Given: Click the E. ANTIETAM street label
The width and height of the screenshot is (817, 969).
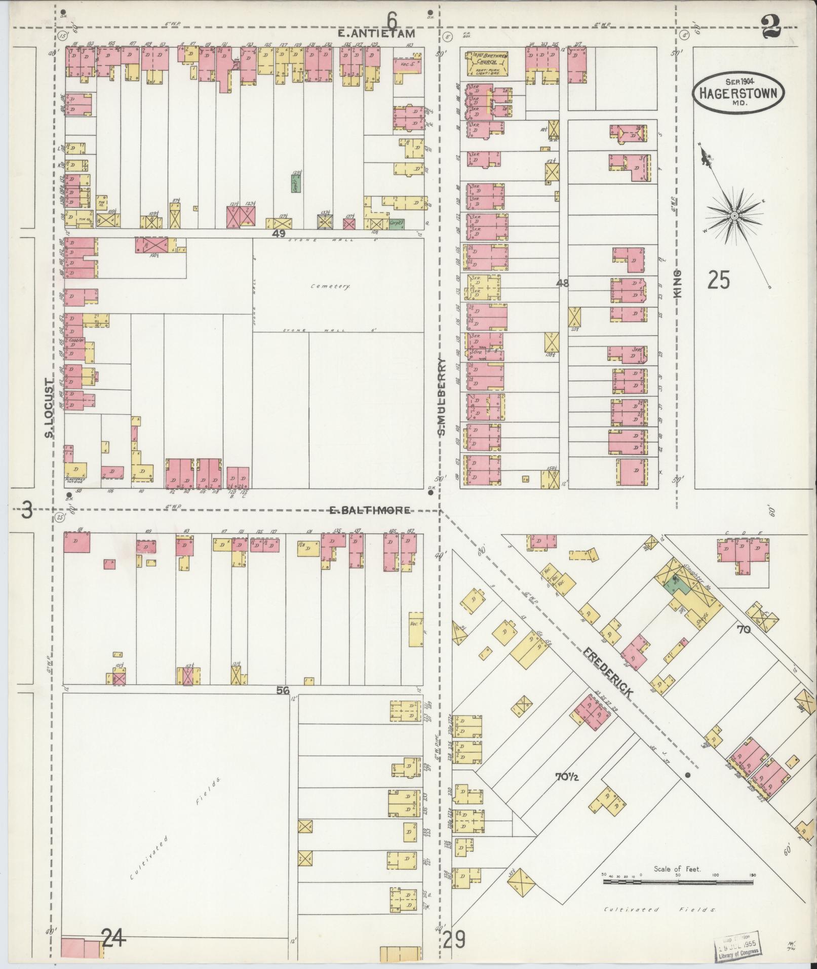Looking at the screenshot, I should point(377,34).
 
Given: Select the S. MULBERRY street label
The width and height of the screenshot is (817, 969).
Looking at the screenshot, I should point(442,398).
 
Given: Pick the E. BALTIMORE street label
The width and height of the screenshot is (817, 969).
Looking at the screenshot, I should point(370,510).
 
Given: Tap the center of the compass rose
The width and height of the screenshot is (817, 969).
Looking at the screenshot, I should point(733,216).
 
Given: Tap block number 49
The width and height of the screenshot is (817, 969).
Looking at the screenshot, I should point(278,234).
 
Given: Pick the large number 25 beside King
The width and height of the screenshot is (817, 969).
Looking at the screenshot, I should point(718,280).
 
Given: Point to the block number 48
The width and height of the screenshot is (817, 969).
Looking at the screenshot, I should point(562,283).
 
